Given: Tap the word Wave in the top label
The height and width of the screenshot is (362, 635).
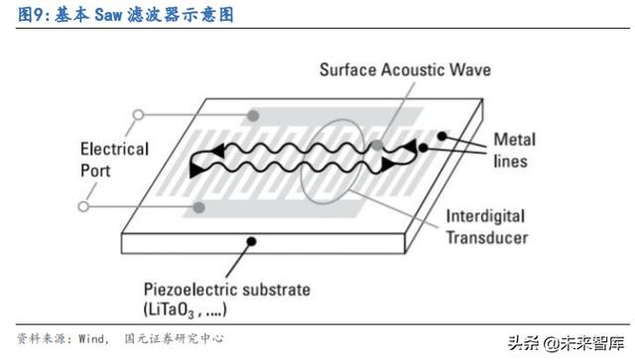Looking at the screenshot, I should coord(469,70).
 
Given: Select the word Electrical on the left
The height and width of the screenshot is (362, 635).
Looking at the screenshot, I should coord(114,151).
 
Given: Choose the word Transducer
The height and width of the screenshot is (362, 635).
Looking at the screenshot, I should coord(487,238).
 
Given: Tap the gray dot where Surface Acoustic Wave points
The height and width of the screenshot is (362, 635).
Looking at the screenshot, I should coord(379,145).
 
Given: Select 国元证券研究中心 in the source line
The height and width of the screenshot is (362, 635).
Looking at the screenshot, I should coord(174,338).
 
